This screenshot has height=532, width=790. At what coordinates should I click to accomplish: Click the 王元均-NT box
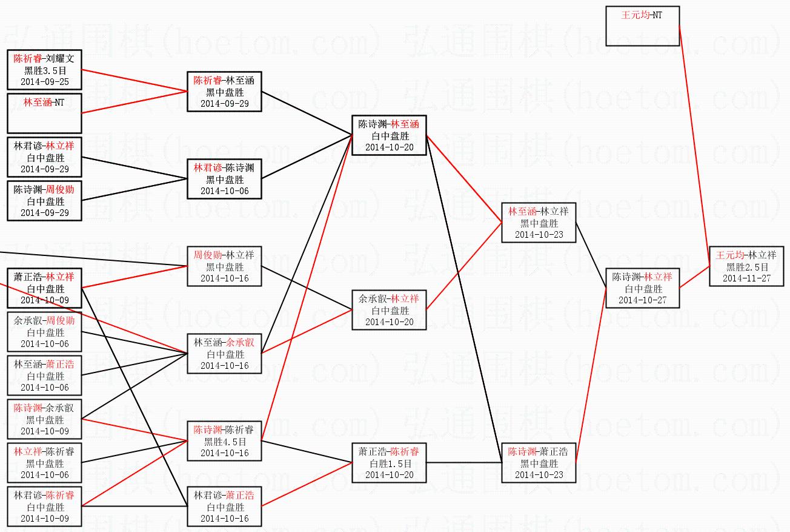click(642, 26)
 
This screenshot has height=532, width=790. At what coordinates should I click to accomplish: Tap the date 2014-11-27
click(746, 278)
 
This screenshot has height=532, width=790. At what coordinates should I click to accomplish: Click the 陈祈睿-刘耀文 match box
click(44, 70)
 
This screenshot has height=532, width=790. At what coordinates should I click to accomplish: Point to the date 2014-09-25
click(44, 81)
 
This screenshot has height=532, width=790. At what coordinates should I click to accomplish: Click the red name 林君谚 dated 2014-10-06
click(208, 168)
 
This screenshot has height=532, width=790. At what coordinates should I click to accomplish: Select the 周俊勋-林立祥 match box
click(224, 266)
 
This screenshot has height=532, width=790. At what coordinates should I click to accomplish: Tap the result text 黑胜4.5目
click(224, 442)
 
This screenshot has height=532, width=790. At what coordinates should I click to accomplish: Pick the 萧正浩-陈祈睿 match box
click(389, 463)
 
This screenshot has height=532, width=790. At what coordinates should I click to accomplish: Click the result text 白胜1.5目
click(389, 463)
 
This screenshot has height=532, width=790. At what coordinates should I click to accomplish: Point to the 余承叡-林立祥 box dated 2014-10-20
click(389, 310)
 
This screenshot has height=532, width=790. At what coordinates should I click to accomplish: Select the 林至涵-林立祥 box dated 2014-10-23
click(539, 223)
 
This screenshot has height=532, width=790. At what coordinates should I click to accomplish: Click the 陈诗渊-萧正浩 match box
click(539, 463)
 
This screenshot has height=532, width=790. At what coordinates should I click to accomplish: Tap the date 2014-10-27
click(642, 300)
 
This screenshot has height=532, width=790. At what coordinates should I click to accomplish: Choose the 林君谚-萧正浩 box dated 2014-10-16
click(224, 507)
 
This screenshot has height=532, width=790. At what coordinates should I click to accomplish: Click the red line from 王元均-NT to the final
click(694, 146)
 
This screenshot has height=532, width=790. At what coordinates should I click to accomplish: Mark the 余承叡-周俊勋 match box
click(44, 332)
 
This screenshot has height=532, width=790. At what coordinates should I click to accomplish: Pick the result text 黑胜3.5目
click(44, 70)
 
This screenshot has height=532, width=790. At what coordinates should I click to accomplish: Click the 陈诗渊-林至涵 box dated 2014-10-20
click(389, 135)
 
